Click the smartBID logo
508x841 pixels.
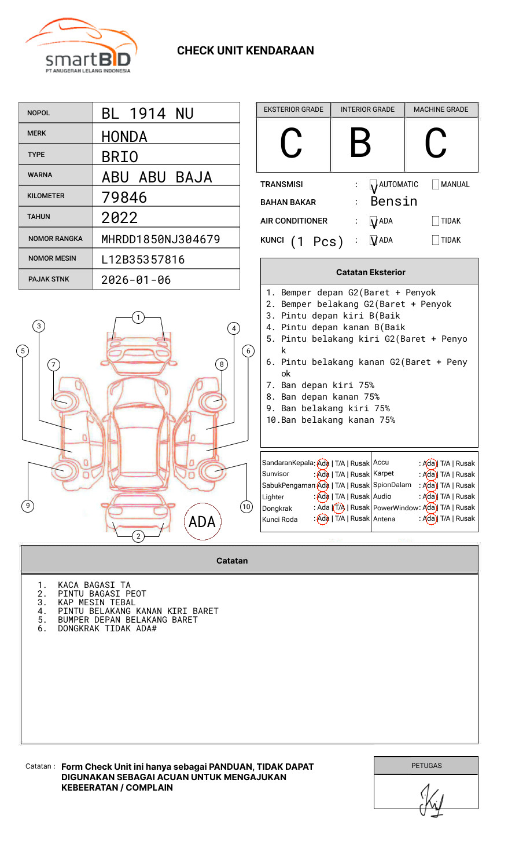pos(81,46)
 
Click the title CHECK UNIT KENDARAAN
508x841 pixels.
pos(245,50)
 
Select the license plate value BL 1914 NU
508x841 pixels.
pos(148,114)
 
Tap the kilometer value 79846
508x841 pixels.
pos(124,198)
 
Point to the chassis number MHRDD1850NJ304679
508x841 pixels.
pos(160,239)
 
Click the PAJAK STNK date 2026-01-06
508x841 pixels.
pos(136,280)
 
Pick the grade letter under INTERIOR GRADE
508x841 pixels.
pos(360,143)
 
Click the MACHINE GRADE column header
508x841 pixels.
pos(441,109)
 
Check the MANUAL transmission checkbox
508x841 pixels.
pos(436,184)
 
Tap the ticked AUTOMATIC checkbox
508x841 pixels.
pos(374,185)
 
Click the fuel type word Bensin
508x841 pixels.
pos(393,202)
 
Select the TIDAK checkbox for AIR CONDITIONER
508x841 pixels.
pos(436,221)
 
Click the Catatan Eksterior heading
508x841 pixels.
pos(370,272)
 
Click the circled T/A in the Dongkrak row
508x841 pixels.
pos(339,507)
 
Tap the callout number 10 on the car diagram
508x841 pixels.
pos(246,507)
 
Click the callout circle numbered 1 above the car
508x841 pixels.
pos(138,317)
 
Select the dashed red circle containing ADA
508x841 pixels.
pos(202,521)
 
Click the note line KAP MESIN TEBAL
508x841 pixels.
pos(96,602)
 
